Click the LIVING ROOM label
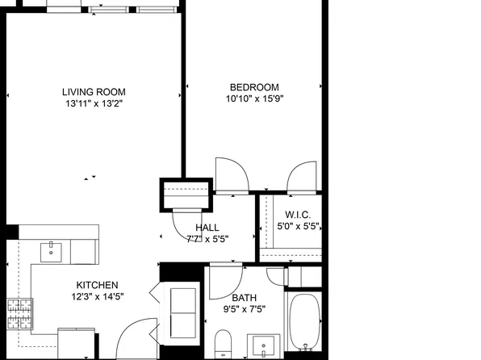(x=94, y=92)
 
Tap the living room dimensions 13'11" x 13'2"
(x=94, y=104)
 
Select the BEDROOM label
(x=254, y=87)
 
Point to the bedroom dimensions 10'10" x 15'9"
(x=254, y=99)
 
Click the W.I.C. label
(x=291, y=215)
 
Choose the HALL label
(x=207, y=228)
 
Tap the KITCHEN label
(x=98, y=285)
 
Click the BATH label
(x=245, y=297)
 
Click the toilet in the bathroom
(x=224, y=343)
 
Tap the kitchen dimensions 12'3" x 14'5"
(x=98, y=297)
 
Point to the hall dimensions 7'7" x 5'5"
(x=207, y=239)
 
